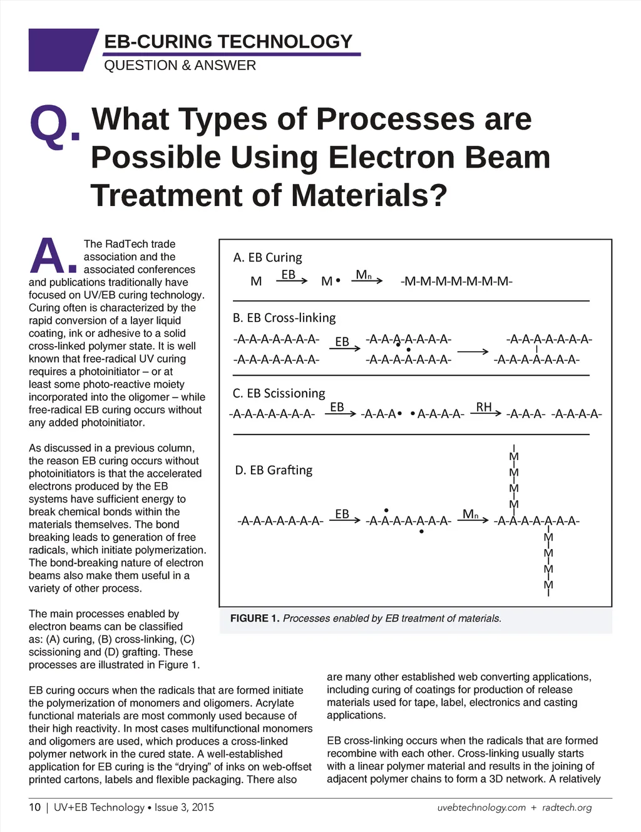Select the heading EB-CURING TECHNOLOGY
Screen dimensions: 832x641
click(x=228, y=42)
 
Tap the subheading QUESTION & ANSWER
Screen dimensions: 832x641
click(x=180, y=66)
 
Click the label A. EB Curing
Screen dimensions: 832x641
click(x=267, y=258)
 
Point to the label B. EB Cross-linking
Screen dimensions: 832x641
click(x=284, y=318)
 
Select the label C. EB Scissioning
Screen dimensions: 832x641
click(x=279, y=393)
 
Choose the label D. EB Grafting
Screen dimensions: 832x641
click(x=274, y=470)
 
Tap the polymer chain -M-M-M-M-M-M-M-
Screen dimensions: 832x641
click(x=456, y=282)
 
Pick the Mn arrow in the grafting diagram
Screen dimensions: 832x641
click(x=474, y=518)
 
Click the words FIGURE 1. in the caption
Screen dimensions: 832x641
click(x=255, y=619)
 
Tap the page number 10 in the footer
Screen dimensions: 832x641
click(x=34, y=808)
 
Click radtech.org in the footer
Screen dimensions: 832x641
click(x=567, y=808)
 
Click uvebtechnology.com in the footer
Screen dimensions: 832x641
click(x=481, y=808)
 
